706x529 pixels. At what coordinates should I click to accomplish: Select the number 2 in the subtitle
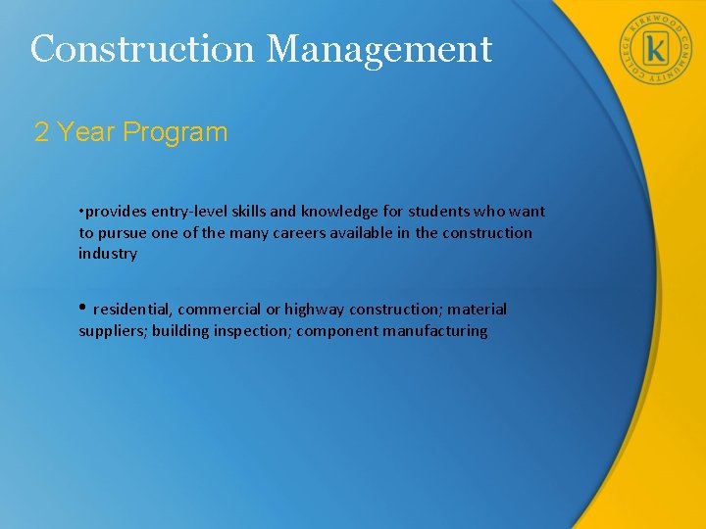[x=41, y=132]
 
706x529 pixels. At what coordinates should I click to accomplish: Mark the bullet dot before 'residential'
[x=83, y=309]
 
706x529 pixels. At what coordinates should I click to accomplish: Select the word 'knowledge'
[x=334, y=212]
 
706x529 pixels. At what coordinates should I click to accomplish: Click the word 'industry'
[x=108, y=254]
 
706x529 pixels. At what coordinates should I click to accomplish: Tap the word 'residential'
[x=132, y=310]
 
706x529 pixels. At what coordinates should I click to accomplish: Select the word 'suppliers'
[x=112, y=331]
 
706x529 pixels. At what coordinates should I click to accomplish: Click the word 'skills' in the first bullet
[x=252, y=212]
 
